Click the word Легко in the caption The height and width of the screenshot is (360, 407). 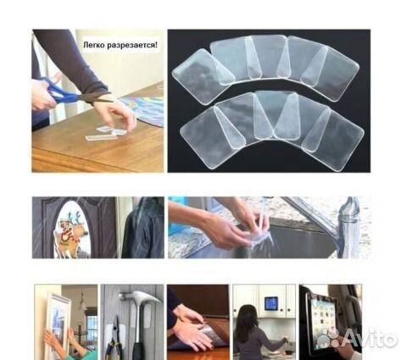(93, 45)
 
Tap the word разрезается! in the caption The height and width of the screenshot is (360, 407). (132, 45)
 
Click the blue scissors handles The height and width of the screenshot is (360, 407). (58, 91)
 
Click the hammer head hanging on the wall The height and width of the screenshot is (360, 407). (140, 298)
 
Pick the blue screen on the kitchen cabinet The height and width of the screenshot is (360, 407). (270, 303)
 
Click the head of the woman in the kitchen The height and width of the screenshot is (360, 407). (247, 314)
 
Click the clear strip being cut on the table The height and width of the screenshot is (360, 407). (102, 137)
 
